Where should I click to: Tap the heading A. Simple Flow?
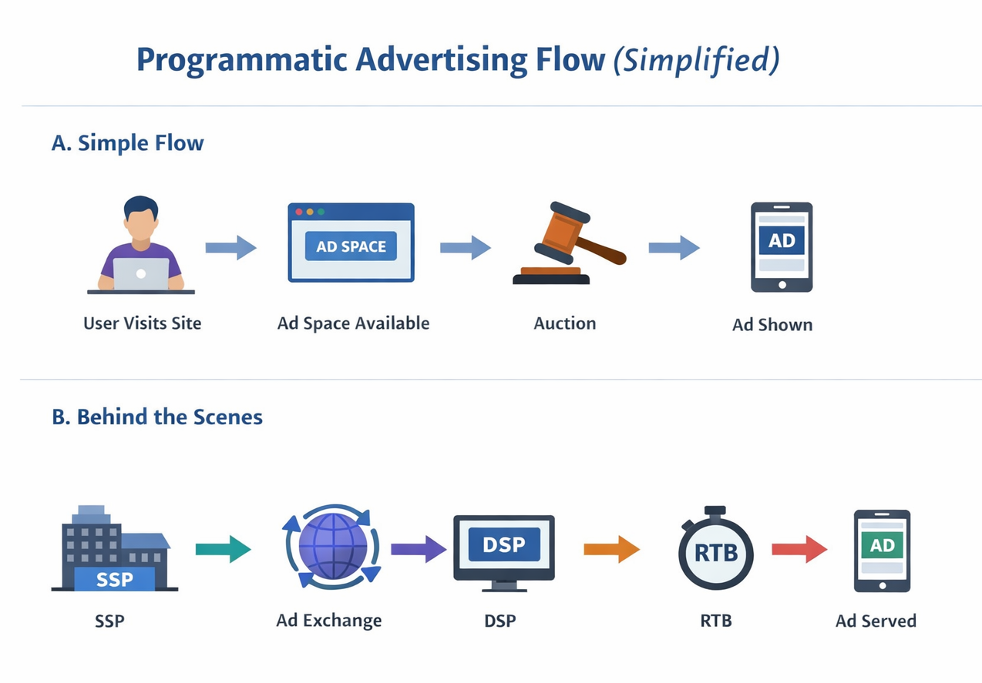[x=127, y=143]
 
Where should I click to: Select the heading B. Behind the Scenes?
[x=157, y=417]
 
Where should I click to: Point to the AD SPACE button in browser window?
[x=351, y=246]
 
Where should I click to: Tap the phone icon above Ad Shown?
[x=781, y=246]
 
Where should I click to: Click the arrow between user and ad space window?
[x=230, y=247]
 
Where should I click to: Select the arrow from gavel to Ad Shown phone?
[x=674, y=247]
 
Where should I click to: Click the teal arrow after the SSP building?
[x=223, y=549]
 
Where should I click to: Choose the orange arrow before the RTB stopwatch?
[x=611, y=549]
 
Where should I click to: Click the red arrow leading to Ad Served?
[x=799, y=549]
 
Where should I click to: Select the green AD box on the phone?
[x=882, y=545]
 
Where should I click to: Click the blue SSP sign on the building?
[x=114, y=579]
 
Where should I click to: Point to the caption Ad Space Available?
[x=353, y=323]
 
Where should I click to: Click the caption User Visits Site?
[x=142, y=323]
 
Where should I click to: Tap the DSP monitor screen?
[x=503, y=545]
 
